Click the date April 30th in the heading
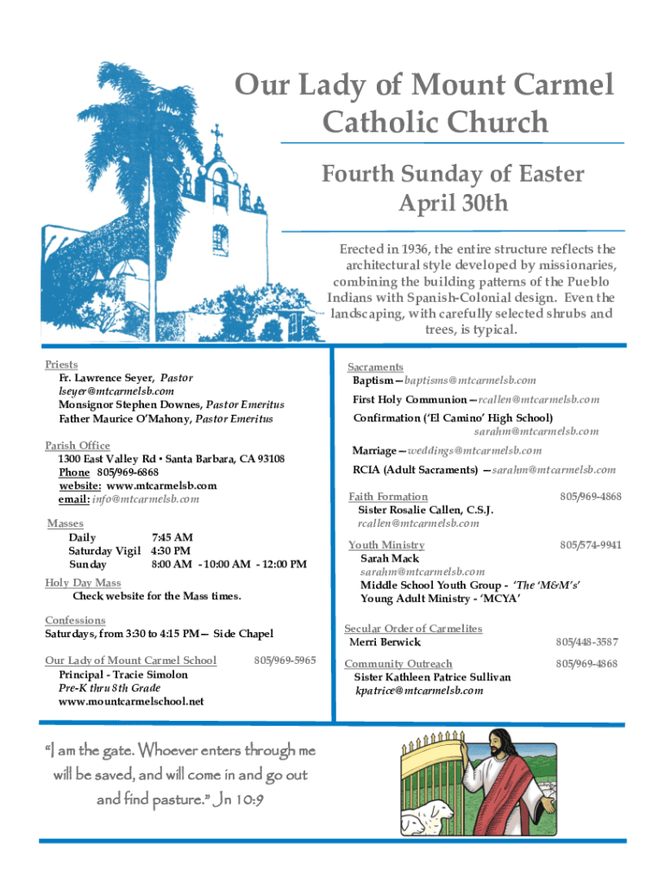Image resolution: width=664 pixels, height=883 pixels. [x=453, y=204]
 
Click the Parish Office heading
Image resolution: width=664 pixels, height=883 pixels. [x=78, y=445]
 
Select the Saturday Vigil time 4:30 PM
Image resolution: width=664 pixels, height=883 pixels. [x=171, y=551]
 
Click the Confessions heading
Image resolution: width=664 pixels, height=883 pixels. [x=75, y=620]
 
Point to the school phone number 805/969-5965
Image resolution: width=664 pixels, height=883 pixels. [x=285, y=661]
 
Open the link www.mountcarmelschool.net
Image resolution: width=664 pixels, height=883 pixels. [x=131, y=702]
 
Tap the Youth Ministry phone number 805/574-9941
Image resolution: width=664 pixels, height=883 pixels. [x=590, y=545]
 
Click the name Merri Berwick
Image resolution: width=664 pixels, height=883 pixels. [x=385, y=642]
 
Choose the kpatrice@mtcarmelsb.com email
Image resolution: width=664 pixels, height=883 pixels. [x=419, y=691]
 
